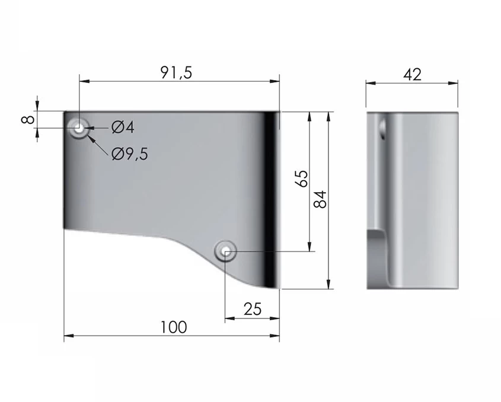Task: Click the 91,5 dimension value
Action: pos(176,73)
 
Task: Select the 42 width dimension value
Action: pos(412,75)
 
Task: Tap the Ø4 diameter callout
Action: pos(123,127)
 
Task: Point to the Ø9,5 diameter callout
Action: pos(130,154)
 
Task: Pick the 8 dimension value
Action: pos(28,120)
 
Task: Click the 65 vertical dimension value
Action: pos(302,178)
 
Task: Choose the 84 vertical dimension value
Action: pos(320,199)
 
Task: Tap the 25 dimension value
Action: pos(253,309)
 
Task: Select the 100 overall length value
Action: pos(174,327)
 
